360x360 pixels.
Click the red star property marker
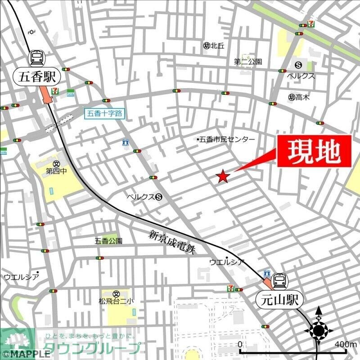coord(223,177)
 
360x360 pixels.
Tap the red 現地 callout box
coord(313,152)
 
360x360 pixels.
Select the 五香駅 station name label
coord(38,76)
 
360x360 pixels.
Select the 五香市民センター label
coord(226,139)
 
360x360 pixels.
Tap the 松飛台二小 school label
coord(116,301)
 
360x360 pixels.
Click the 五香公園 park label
coord(108,241)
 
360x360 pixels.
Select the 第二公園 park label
coord(248,62)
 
